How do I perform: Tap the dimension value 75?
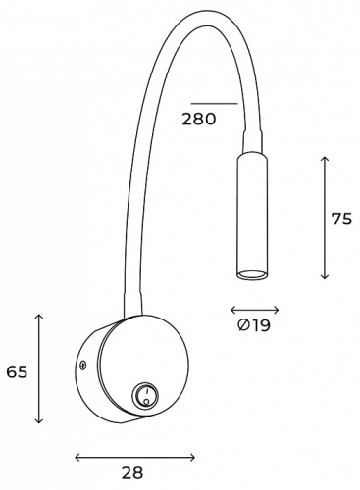(x=341, y=219)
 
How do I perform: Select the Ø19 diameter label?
(x=254, y=325)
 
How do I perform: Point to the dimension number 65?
(x=15, y=371)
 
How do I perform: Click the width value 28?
(x=133, y=473)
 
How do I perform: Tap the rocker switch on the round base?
(x=144, y=397)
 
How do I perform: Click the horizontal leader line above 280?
(x=214, y=103)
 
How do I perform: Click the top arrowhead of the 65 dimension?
(x=38, y=316)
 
